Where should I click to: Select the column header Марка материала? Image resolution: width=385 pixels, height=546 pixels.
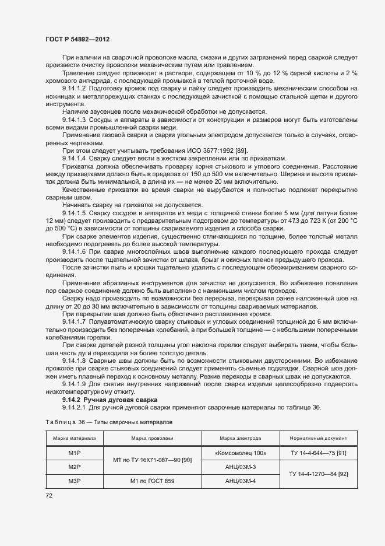[x=74, y=437]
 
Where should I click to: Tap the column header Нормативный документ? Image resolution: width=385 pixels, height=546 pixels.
[x=314, y=437]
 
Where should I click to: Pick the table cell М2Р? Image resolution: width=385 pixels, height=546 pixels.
[x=74, y=467]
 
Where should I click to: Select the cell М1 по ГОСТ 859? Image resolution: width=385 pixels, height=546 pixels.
[x=151, y=481]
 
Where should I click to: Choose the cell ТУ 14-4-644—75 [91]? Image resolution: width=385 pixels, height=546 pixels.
[x=314, y=452]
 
